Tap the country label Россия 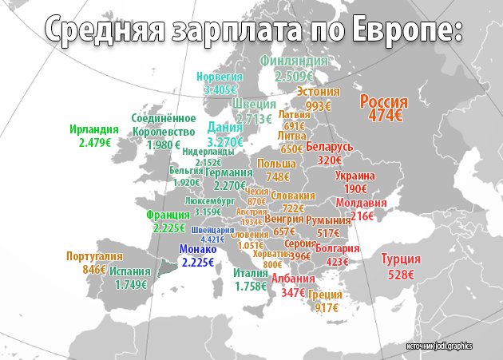click(384, 102)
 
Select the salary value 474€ click(384, 116)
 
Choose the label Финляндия click(295, 61)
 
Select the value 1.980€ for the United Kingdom click(164, 145)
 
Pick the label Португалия click(93, 256)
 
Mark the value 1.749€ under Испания click(131, 284)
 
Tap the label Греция click(327, 294)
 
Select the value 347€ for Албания click(293, 293)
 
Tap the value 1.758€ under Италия click(250, 286)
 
